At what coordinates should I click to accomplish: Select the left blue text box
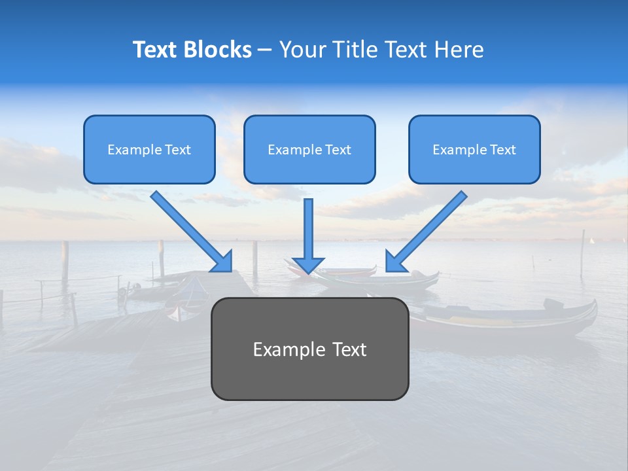click(x=149, y=149)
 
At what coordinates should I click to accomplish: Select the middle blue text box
click(x=309, y=149)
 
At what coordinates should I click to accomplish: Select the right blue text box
click(x=474, y=149)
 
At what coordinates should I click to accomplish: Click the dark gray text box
click(x=309, y=349)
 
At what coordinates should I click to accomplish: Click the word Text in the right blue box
click(x=503, y=150)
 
